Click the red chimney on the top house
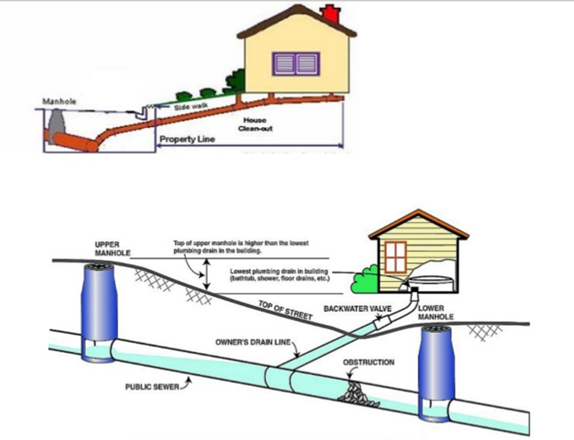[x=331, y=14]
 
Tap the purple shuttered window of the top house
[x=296, y=64]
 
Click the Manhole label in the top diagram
[x=59, y=101]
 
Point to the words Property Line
[x=187, y=139]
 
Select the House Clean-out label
[x=255, y=124]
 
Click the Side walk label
[x=191, y=107]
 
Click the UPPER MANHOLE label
[x=112, y=249]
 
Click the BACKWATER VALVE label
[x=357, y=309]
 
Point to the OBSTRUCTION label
[x=368, y=363]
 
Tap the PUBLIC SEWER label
[x=152, y=387]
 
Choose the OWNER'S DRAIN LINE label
[x=253, y=342]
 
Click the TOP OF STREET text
[x=285, y=310]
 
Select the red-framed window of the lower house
[x=396, y=257]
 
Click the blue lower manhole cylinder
[x=436, y=365]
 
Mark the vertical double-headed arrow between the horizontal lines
[x=207, y=274]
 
